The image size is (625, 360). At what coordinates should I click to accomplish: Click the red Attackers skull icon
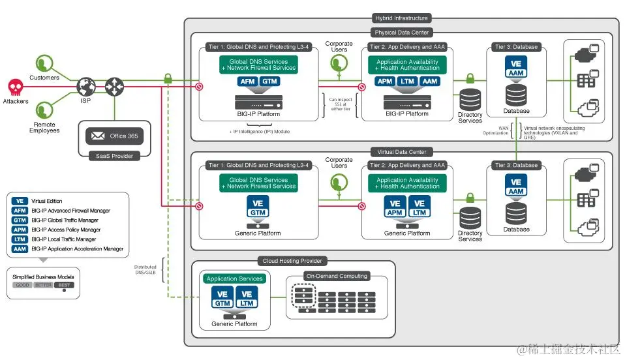(x=15, y=87)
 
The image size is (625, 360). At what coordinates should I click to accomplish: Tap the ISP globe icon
(x=86, y=86)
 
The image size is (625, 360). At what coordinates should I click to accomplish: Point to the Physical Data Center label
(x=403, y=33)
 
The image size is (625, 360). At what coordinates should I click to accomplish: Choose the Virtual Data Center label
(x=403, y=152)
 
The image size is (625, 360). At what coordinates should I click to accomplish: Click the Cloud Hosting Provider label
(x=292, y=261)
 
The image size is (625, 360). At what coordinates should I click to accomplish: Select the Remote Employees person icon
(x=44, y=109)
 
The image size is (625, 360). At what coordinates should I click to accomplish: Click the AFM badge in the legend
(x=20, y=211)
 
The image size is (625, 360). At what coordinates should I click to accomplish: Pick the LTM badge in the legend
(x=20, y=239)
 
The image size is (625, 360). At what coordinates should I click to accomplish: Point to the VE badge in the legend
(x=20, y=201)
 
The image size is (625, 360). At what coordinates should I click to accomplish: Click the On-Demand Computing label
(x=337, y=276)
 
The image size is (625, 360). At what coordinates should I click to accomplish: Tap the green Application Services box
(x=234, y=278)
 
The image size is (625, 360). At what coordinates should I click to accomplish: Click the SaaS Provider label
(x=114, y=155)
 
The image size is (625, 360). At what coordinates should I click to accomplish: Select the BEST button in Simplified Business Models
(x=64, y=284)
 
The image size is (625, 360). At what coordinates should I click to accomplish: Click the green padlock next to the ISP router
(x=168, y=78)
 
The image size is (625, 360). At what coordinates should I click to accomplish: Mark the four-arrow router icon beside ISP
(x=115, y=86)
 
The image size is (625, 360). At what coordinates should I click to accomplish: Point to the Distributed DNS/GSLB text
(x=145, y=269)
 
